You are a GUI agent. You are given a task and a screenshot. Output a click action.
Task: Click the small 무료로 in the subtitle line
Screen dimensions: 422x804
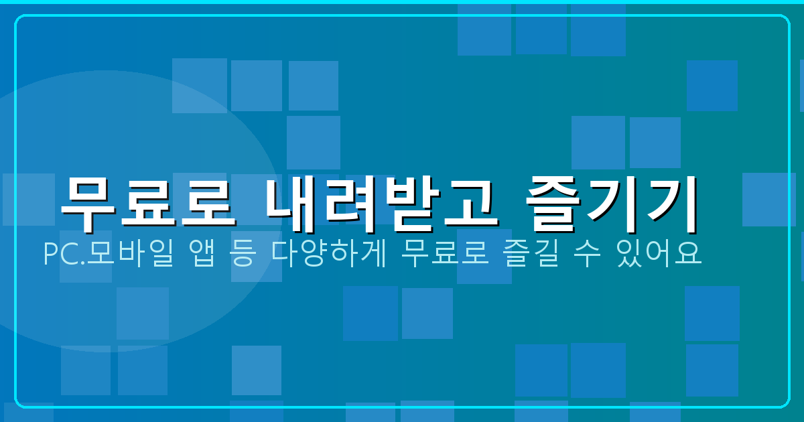442,255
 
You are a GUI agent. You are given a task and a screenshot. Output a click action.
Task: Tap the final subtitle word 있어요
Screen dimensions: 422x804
657,255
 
